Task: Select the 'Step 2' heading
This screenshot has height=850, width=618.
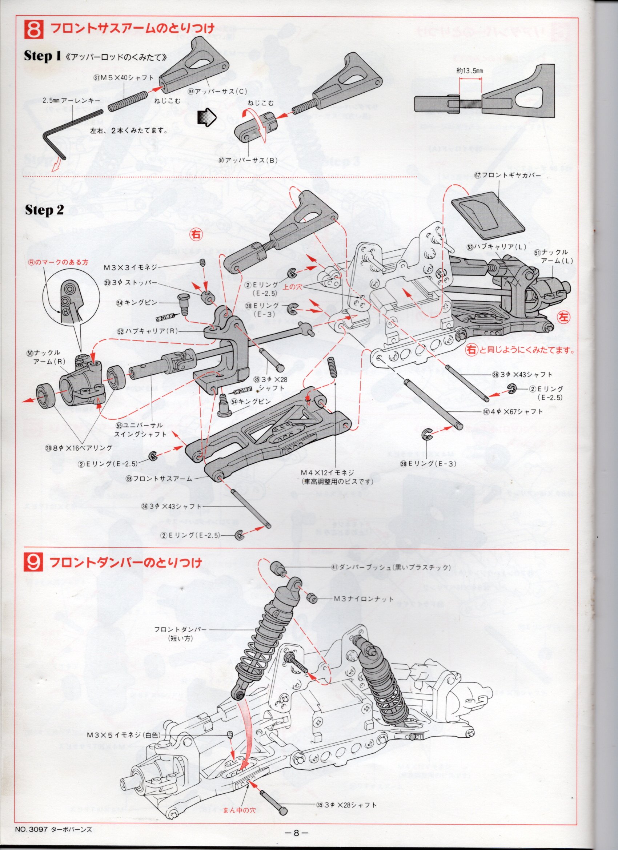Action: (45, 210)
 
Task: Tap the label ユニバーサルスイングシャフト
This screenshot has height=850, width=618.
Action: (140, 430)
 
